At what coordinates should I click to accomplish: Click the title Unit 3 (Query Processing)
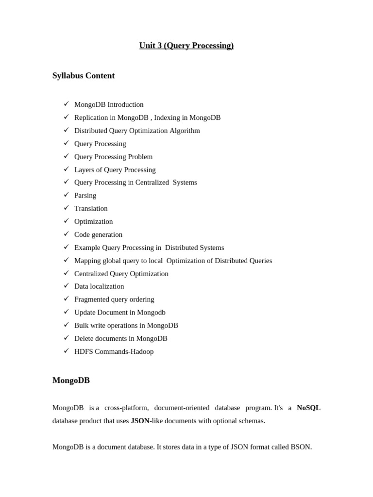coord(186,46)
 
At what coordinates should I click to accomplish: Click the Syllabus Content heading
coord(84,76)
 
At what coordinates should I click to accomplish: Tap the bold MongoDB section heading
coord(71,381)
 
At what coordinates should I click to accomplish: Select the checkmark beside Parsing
coord(66,195)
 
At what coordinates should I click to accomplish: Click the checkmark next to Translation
coord(66,208)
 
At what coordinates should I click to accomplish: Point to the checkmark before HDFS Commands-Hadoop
coord(66,351)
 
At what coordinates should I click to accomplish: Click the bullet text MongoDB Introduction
coord(109,105)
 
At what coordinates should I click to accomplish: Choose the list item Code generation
coord(98,235)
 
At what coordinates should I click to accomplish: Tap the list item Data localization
coord(99,287)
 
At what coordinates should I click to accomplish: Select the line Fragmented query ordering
coord(114,299)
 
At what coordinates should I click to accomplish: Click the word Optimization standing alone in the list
coord(93,222)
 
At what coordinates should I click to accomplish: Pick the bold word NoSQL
coord(308,408)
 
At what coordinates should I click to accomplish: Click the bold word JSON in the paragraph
coord(140,421)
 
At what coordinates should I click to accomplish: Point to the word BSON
coord(301,447)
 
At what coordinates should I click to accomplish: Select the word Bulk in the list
coord(82,326)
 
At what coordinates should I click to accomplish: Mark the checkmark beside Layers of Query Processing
coord(66,169)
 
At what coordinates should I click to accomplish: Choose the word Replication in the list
coord(91,118)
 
